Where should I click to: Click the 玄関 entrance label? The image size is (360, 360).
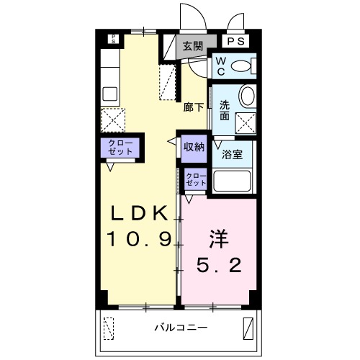click(x=192, y=45)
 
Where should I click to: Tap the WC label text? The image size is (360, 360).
click(x=220, y=66)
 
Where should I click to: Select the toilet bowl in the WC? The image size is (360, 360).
click(x=243, y=67)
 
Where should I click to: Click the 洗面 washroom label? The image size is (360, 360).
click(x=225, y=109)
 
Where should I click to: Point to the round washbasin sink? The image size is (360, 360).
click(x=247, y=96)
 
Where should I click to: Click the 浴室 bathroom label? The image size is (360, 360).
click(x=231, y=153)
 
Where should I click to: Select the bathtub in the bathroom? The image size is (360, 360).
click(x=232, y=181)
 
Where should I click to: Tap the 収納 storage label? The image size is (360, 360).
click(x=193, y=146)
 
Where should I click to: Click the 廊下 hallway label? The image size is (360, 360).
click(x=193, y=107)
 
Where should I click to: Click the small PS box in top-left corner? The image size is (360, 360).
click(x=112, y=39)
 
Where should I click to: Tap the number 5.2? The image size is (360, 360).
click(x=220, y=265)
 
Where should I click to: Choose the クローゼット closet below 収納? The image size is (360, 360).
click(x=195, y=179)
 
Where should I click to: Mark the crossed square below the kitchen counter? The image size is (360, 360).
click(x=114, y=119)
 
